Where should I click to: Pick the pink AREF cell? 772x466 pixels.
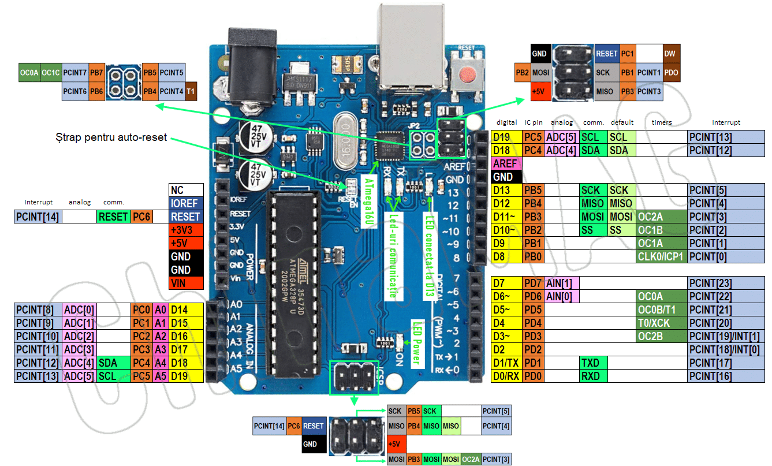[x=505, y=163]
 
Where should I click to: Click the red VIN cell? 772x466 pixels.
[x=186, y=283]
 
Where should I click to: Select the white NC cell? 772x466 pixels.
[x=186, y=190]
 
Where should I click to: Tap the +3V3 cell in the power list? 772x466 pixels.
[x=186, y=230]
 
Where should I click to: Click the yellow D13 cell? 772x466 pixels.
[x=505, y=190]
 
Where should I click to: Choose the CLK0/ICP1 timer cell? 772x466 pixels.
[x=661, y=256]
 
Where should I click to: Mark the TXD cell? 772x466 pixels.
[x=593, y=363]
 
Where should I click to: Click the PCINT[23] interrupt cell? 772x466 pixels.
[x=726, y=283]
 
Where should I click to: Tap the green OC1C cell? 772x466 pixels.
[x=51, y=73]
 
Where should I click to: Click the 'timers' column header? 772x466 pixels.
[x=661, y=122]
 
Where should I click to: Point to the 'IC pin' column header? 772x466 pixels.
[x=533, y=122]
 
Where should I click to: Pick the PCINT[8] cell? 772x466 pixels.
[x=37, y=310]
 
